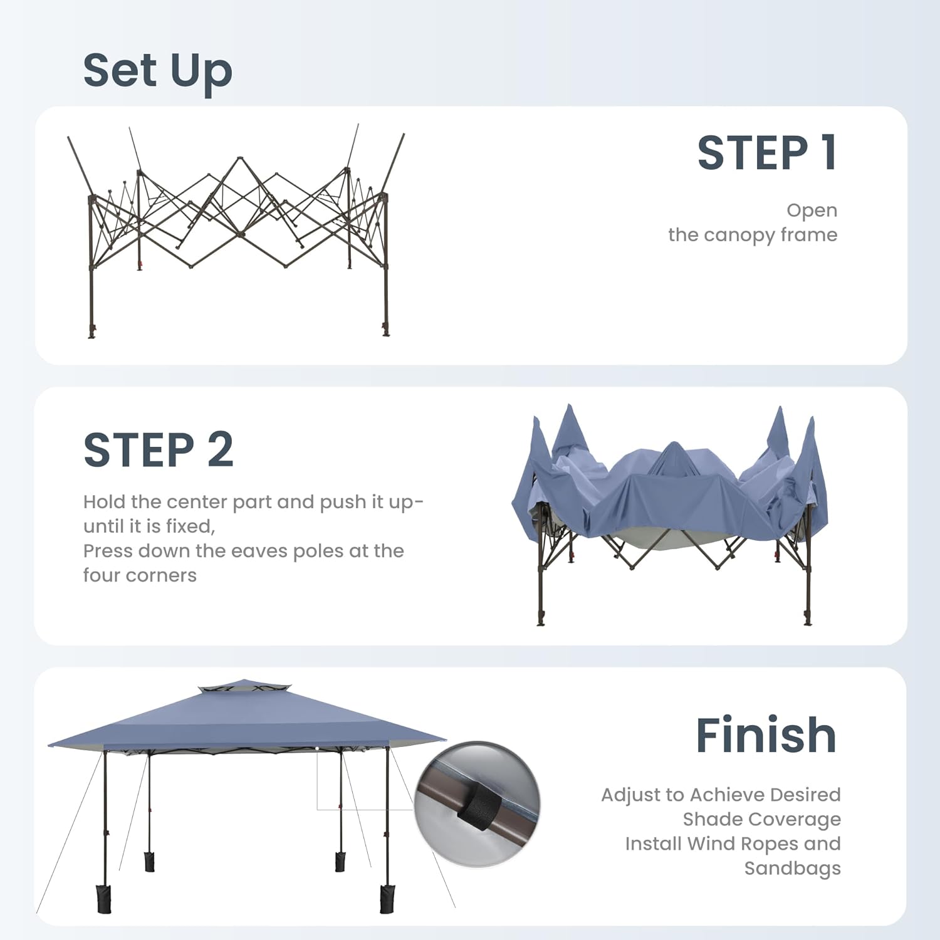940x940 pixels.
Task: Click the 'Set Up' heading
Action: [157, 71]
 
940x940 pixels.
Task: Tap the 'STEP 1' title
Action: [767, 153]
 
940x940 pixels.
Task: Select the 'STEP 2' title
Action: [159, 450]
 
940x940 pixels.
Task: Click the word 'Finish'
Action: [766, 735]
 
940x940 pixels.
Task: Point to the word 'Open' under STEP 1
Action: [812, 211]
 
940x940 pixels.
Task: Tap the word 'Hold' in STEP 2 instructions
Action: [104, 501]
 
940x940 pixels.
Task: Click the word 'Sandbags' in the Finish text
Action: [793, 869]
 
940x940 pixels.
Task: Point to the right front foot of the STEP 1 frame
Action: [385, 330]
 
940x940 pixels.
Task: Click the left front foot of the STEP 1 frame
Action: [92, 332]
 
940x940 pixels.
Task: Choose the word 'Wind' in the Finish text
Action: [711, 843]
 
